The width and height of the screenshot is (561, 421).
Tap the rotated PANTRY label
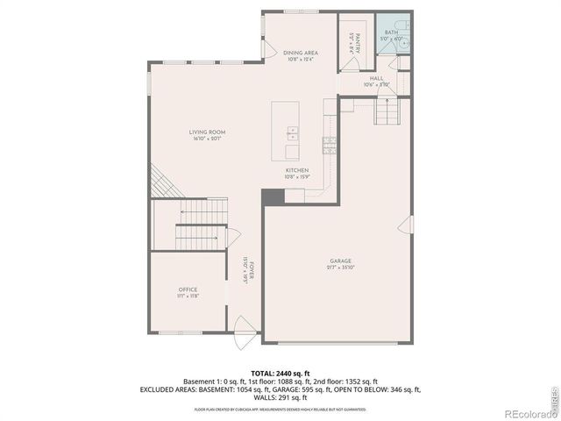tap(354, 40)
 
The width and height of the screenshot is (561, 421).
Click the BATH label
tap(390, 34)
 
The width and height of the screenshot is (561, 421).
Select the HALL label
tap(376, 80)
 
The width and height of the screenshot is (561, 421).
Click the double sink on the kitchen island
tap(292, 134)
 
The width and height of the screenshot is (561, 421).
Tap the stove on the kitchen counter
tap(330, 145)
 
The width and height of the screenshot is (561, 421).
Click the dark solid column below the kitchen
tap(273, 198)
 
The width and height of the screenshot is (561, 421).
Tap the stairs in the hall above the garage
tap(385, 111)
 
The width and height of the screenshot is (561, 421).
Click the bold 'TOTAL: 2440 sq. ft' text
tap(280, 373)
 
